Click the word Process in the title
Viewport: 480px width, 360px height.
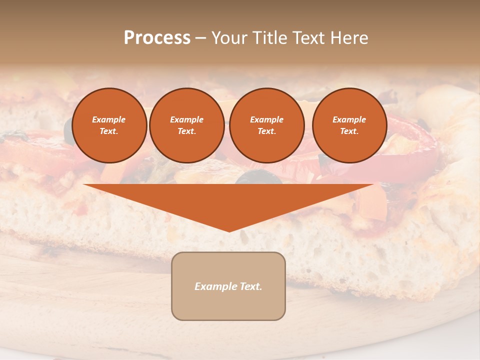pyautogui.click(x=157, y=38)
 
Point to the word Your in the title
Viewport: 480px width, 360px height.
pyautogui.click(x=228, y=38)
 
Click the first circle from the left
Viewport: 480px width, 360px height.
pyautogui.click(x=109, y=125)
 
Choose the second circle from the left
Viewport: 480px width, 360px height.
pyautogui.click(x=187, y=125)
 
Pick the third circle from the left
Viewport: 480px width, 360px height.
pyautogui.click(x=266, y=125)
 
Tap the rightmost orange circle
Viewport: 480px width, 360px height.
pyautogui.click(x=349, y=125)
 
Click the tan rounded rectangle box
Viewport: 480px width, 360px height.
pyautogui.click(x=228, y=286)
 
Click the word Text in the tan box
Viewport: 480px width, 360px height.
pyautogui.click(x=251, y=286)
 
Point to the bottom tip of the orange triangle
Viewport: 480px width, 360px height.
pyautogui.click(x=229, y=231)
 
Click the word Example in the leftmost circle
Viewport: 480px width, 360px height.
pyautogui.click(x=109, y=119)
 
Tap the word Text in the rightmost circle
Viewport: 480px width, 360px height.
pyautogui.click(x=349, y=131)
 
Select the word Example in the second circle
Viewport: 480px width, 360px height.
pyautogui.click(x=187, y=119)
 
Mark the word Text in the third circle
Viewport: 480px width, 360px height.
pyautogui.click(x=266, y=131)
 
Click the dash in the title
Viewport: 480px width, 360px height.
pyautogui.click(x=201, y=38)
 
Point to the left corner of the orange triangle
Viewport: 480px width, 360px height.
pyautogui.click(x=84, y=185)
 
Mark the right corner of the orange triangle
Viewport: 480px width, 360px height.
pyautogui.click(x=373, y=185)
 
